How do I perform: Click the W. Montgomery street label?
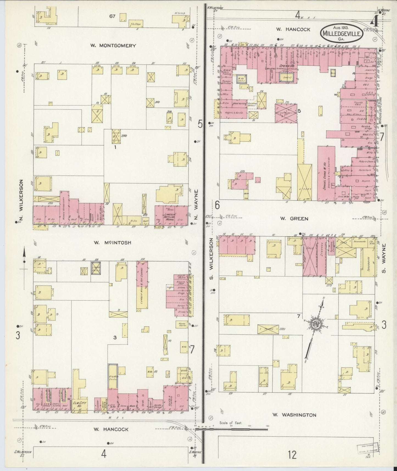click(113, 46)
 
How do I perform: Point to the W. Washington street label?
click(294, 415)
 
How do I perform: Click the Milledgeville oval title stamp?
click(342, 33)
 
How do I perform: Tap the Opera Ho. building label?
click(286, 65)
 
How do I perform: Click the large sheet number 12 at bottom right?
click(292, 455)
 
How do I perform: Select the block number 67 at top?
click(112, 16)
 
